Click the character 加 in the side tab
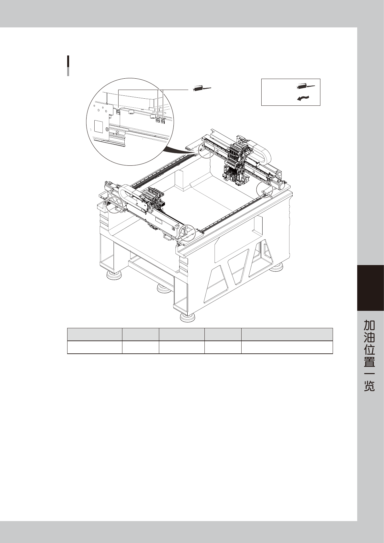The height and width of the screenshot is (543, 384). (369, 325)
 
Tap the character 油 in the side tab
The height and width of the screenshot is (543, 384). (369, 337)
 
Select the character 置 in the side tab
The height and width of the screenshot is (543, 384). (369, 361)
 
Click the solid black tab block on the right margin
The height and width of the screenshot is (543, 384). (370, 288)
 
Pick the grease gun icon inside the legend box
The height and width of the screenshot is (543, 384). (305, 86)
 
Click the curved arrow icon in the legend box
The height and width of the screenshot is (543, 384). (303, 98)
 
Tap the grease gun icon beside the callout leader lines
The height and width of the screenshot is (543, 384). (202, 89)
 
